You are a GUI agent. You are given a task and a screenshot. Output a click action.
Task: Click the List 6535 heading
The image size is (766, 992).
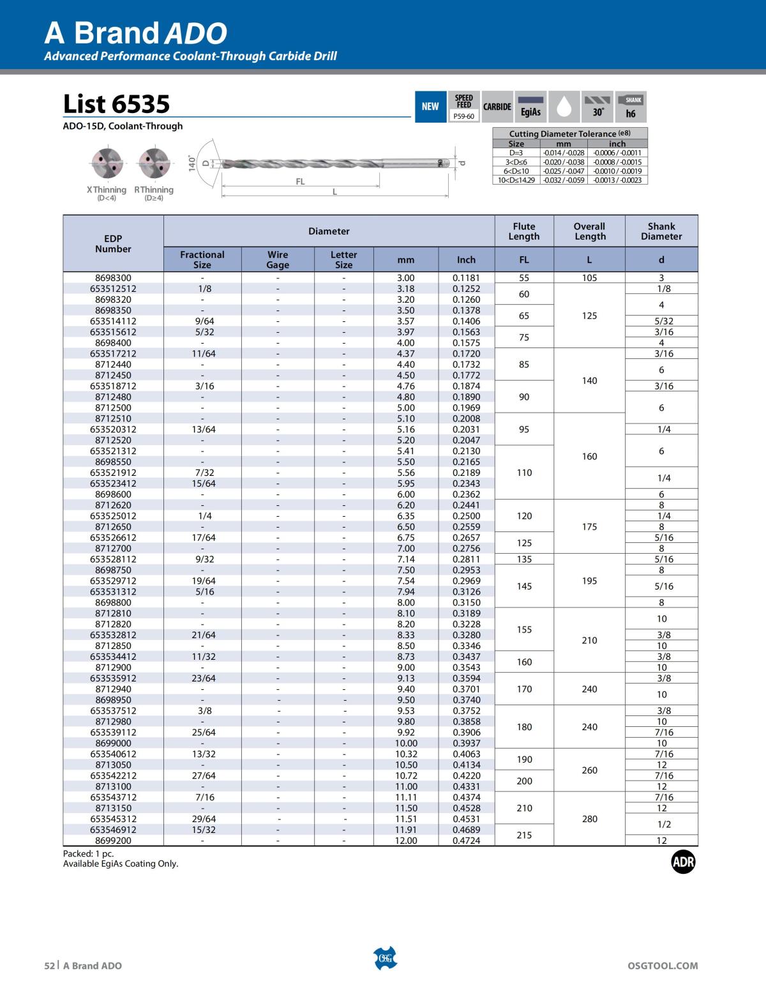point(117,104)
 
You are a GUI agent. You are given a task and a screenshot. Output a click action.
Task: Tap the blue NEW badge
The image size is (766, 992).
point(430,106)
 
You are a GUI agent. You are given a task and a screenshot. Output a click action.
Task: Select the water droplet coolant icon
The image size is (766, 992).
point(564,106)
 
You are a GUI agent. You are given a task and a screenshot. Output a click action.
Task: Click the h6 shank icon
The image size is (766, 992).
point(631,106)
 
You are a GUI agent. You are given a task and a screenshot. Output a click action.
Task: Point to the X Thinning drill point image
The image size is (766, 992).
point(106,164)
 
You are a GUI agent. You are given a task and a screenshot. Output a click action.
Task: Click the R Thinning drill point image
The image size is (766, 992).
point(154,164)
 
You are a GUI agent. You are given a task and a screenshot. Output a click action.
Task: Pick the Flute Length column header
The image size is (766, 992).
point(524,231)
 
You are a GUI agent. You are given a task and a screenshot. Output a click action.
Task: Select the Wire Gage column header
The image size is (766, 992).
point(278,259)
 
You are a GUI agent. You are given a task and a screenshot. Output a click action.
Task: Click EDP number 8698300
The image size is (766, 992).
point(113,278)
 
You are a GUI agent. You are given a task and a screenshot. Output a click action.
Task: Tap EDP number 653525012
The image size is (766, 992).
point(113,515)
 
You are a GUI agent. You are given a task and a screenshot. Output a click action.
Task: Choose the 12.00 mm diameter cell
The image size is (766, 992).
point(406,841)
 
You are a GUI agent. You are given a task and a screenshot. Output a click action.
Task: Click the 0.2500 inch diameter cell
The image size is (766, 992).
point(466,515)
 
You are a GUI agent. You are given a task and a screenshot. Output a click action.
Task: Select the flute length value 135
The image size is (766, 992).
point(524,559)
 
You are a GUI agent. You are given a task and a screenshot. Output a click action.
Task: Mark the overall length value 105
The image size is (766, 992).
point(589,278)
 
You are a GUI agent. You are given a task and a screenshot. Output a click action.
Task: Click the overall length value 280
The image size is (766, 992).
point(589,819)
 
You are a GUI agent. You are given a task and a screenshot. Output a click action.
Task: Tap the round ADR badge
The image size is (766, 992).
point(683,862)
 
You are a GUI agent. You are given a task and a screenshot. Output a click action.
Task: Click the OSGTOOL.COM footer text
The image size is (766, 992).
point(663,966)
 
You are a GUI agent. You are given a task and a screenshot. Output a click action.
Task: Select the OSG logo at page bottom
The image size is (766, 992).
point(385,958)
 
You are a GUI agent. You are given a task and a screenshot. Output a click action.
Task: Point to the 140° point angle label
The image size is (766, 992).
point(191,163)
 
